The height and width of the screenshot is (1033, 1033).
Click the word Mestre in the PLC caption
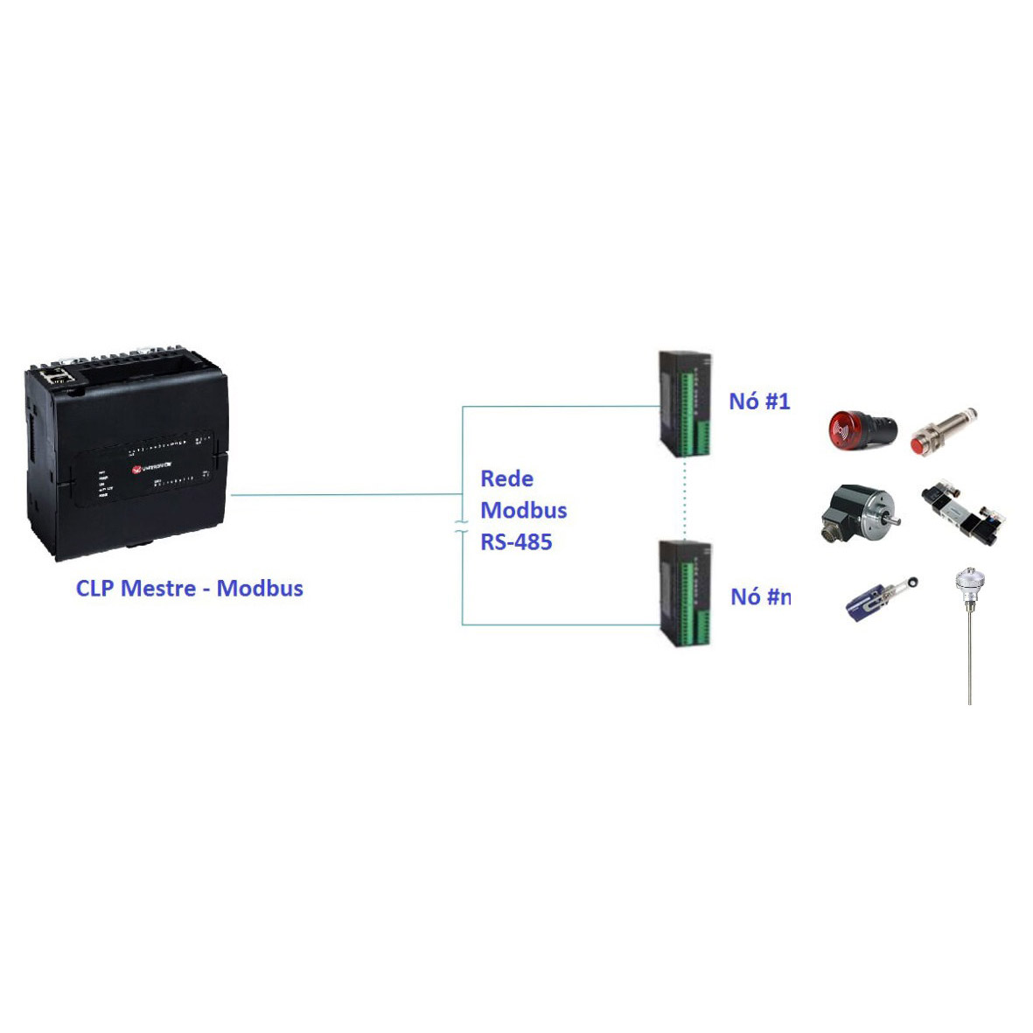(157, 588)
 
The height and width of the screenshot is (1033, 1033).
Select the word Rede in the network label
(507, 478)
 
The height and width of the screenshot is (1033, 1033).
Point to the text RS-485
(516, 542)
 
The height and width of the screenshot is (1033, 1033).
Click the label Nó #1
(759, 401)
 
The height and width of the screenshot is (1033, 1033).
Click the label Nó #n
(760, 597)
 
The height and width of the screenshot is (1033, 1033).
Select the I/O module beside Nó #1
(685, 404)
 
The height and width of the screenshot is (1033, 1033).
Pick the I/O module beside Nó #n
(685, 594)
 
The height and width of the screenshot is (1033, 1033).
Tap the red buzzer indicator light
(862, 429)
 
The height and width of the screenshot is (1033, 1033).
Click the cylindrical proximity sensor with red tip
(943, 431)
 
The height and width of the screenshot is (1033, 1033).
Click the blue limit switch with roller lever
(880, 597)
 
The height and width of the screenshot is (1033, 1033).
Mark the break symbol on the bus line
(461, 527)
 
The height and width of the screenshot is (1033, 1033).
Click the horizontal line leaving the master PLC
(345, 494)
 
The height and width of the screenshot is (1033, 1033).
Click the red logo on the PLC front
(136, 470)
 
